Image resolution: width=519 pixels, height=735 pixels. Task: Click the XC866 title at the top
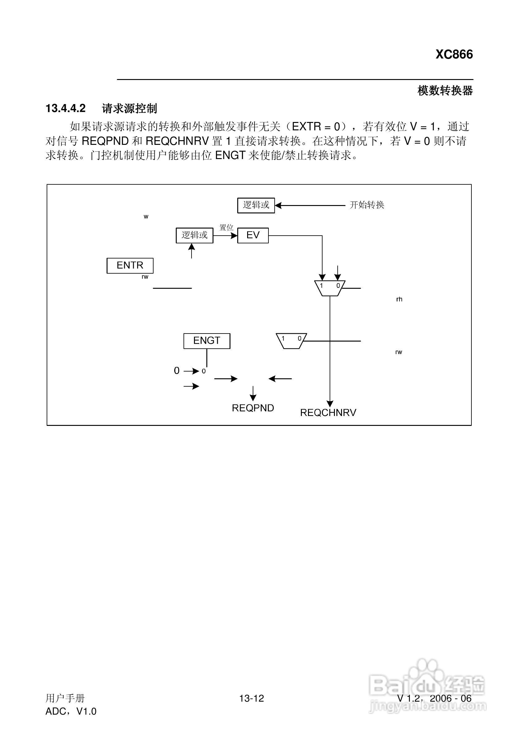(454, 54)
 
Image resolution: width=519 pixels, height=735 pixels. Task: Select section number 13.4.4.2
(65, 108)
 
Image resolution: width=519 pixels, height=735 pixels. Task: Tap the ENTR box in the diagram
(130, 265)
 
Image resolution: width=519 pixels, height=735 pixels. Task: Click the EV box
(253, 235)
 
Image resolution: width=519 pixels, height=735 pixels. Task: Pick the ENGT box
(206, 341)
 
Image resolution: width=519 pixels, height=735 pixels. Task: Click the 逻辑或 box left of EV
(194, 235)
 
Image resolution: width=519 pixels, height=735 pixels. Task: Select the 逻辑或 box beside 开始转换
(256, 205)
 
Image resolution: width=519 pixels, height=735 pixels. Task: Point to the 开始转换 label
(367, 205)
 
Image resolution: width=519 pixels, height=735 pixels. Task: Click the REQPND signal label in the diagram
(253, 408)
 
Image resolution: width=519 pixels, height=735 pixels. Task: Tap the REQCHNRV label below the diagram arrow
(328, 413)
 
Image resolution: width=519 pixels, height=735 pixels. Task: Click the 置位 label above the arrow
(226, 228)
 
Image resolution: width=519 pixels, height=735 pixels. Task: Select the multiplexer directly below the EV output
(329, 288)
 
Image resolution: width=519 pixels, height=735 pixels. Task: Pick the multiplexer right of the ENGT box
(291, 341)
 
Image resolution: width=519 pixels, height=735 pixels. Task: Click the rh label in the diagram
(399, 299)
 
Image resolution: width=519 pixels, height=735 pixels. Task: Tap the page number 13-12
(252, 698)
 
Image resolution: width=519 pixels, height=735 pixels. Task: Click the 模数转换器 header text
(445, 91)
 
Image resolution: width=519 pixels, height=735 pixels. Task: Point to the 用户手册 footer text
(65, 698)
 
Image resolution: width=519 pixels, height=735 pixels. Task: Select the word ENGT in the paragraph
(230, 156)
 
